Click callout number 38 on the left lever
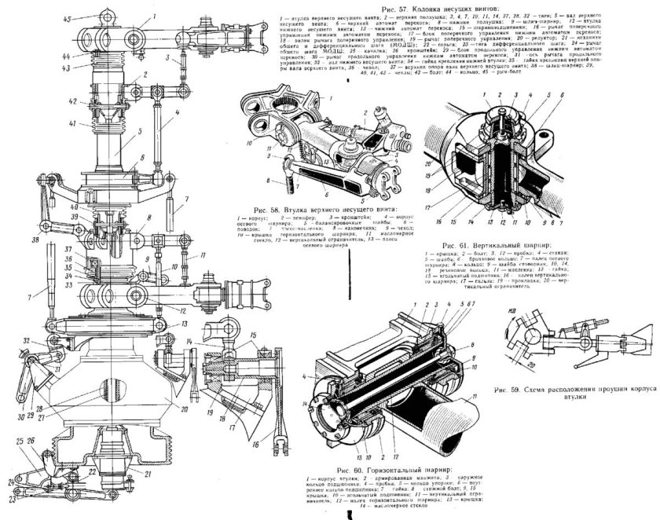coord(36,239)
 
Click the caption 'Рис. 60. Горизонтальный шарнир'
coord(384,470)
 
